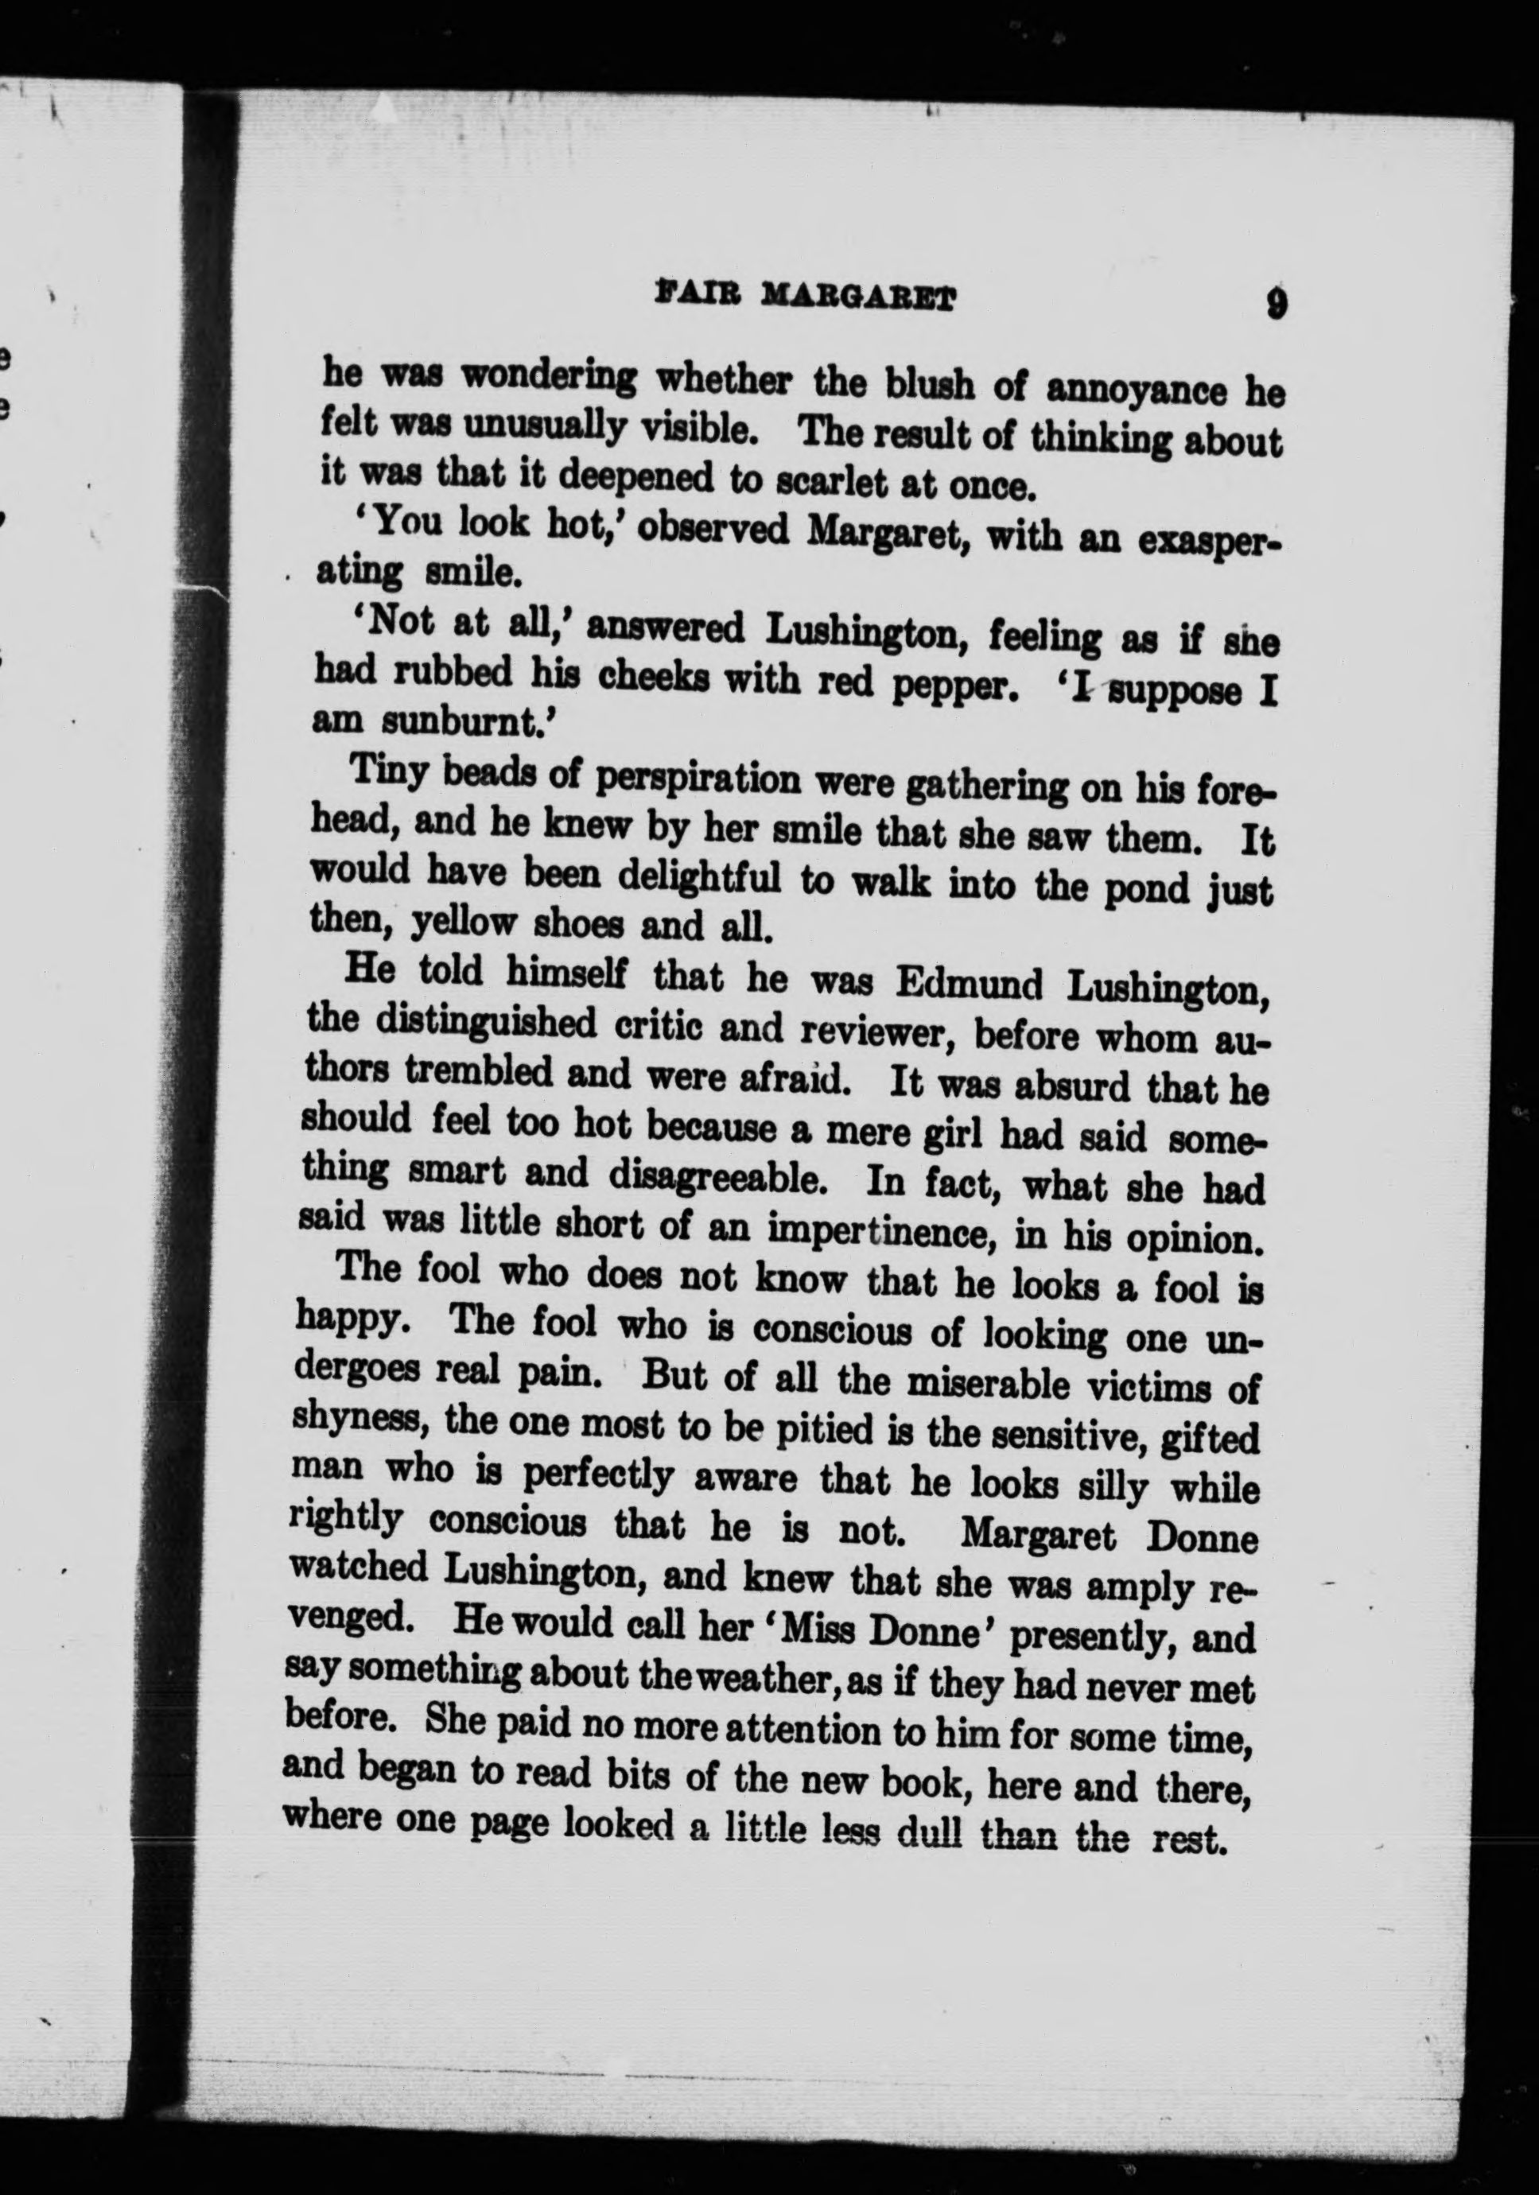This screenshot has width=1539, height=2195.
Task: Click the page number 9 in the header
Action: (x=1276, y=305)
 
